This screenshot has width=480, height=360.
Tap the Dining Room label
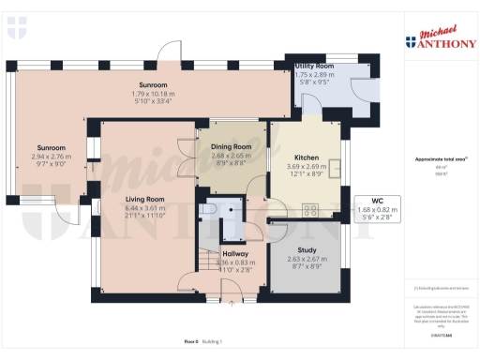tap(230, 147)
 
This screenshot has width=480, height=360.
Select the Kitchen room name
tap(307, 157)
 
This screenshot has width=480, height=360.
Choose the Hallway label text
tap(234, 254)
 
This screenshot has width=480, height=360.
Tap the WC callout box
tap(378, 209)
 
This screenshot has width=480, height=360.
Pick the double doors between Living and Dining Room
tap(188, 150)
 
